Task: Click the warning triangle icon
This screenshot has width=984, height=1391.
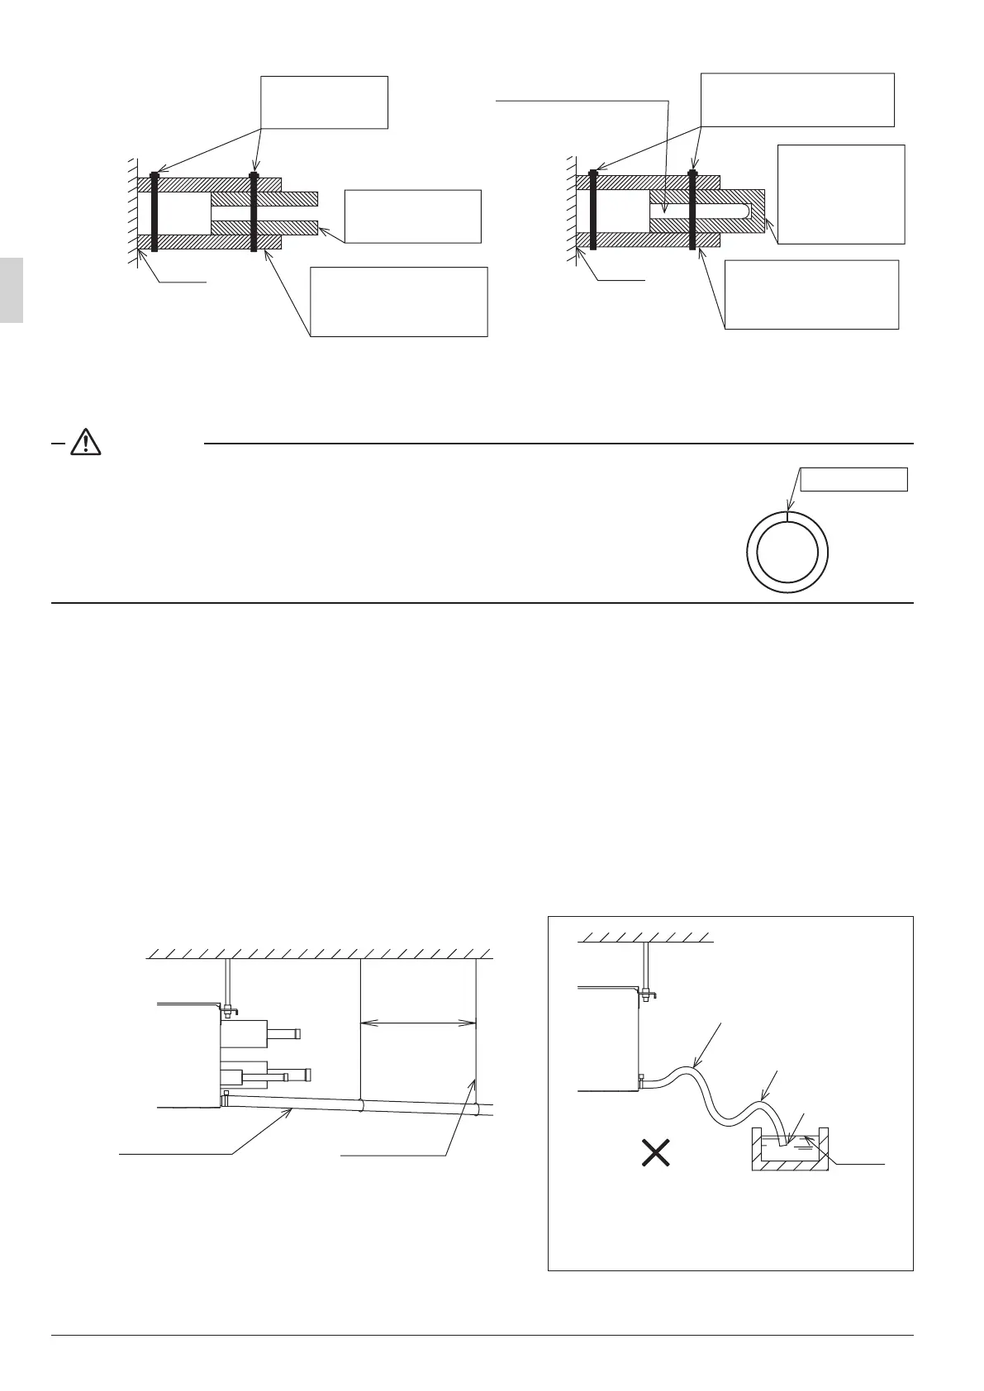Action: tap(86, 443)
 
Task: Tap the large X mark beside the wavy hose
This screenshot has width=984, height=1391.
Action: tap(656, 1152)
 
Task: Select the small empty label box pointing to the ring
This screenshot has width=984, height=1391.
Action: tap(854, 479)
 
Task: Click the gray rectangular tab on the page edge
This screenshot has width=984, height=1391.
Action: tap(11, 289)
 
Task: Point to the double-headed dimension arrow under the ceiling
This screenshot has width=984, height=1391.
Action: tap(419, 1023)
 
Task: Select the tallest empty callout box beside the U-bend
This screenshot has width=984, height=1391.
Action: tap(841, 194)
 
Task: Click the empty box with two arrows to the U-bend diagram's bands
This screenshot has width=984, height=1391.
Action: tap(796, 99)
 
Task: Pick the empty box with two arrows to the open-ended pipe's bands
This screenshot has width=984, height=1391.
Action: tap(324, 102)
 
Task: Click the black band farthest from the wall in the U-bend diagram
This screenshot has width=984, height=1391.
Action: tap(692, 211)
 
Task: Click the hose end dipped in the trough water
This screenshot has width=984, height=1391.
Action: tap(781, 1142)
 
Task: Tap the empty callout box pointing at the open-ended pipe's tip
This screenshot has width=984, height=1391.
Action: tap(412, 216)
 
